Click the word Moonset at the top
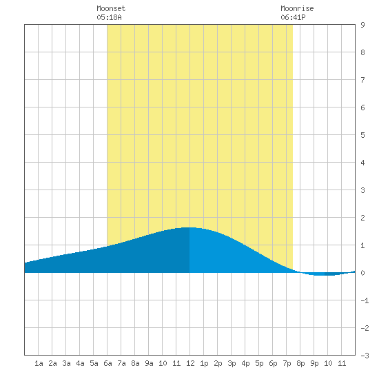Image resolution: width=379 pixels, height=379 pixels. pyautogui.click(x=111, y=8)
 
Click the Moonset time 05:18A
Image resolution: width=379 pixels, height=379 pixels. pyautogui.click(x=109, y=17)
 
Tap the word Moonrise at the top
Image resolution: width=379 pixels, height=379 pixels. pyautogui.click(x=297, y=8)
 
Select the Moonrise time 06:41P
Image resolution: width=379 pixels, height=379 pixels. pyautogui.click(x=293, y=17)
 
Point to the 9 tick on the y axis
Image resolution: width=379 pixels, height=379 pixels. pyautogui.click(x=362, y=25)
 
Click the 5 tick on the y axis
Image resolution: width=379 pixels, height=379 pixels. pyautogui.click(x=362, y=135)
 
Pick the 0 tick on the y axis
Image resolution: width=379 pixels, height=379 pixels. pyautogui.click(x=362, y=273)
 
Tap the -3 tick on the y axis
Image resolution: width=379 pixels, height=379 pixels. pyautogui.click(x=365, y=356)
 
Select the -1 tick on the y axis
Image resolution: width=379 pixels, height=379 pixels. pyautogui.click(x=365, y=300)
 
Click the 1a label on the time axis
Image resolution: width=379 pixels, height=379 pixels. pyautogui.click(x=39, y=363)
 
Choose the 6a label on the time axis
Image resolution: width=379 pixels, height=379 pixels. pyautogui.click(x=107, y=363)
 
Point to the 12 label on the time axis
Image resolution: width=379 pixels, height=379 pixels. pyautogui.click(x=190, y=363)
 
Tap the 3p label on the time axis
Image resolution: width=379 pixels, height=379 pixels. pyautogui.click(x=232, y=363)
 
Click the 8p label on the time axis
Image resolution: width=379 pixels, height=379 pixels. pyautogui.click(x=300, y=363)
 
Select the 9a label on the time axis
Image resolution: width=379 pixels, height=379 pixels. pyautogui.click(x=149, y=363)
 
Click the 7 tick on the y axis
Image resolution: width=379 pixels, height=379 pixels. pyautogui.click(x=362, y=80)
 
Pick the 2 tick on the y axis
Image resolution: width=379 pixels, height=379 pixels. pyautogui.click(x=362, y=218)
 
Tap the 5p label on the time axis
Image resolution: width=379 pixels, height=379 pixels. pyautogui.click(x=259, y=363)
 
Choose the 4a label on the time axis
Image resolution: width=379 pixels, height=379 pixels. pyautogui.click(x=80, y=363)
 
